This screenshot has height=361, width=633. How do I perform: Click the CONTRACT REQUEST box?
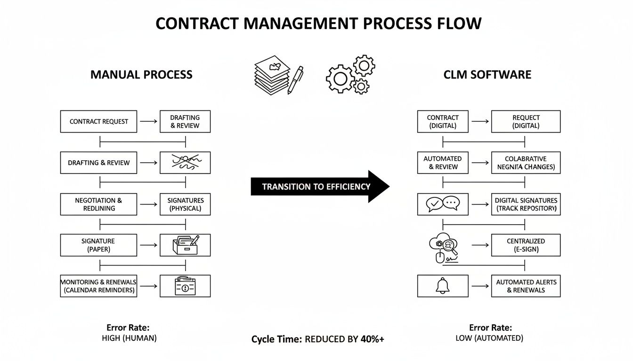98,121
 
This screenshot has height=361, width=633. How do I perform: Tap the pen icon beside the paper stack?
295,79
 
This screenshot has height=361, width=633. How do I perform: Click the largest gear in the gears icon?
339,78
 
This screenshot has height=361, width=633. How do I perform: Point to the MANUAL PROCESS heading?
141,75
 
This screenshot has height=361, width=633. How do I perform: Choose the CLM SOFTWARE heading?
487,75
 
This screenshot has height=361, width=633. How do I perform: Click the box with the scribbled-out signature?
185,163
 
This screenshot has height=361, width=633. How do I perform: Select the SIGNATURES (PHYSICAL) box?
185,204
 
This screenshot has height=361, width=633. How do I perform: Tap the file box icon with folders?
185,245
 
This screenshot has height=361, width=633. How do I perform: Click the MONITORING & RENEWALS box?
98,286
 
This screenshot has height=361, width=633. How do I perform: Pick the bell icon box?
443,286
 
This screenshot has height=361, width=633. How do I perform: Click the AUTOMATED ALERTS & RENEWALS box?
526,286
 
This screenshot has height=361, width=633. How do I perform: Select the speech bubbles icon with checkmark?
442,204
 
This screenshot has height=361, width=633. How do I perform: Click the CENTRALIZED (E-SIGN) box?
526,245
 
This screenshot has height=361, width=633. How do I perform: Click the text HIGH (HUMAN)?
129,338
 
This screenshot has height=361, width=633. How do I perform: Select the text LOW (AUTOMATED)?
489,338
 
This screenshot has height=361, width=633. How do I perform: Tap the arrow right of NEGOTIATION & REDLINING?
149,204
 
